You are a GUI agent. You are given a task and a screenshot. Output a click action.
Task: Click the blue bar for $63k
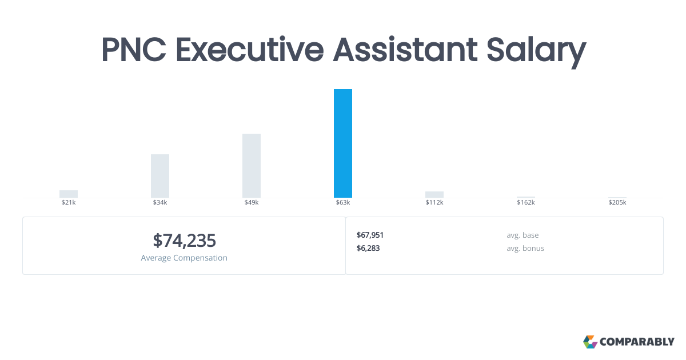(343, 143)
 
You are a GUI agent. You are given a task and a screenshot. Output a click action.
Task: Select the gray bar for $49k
(252, 166)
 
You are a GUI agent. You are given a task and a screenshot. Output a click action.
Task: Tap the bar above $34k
(160, 176)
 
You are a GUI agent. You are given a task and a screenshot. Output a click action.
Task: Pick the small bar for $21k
(69, 194)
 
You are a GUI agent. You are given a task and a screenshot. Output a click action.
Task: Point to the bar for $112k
(434, 194)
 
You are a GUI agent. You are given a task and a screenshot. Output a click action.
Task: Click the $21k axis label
(69, 203)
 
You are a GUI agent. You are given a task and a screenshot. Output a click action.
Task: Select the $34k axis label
(160, 203)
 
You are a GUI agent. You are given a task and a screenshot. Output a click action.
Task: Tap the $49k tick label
(252, 203)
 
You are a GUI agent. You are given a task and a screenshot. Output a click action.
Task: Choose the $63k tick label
(343, 203)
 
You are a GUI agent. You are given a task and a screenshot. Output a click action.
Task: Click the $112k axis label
(434, 203)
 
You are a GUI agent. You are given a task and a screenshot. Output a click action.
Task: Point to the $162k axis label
(526, 203)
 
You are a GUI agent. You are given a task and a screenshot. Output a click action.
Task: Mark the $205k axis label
(617, 203)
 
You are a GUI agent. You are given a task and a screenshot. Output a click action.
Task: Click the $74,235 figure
(184, 241)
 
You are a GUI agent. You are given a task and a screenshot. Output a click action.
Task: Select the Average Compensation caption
(184, 258)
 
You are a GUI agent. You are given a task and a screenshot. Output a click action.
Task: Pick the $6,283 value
(368, 248)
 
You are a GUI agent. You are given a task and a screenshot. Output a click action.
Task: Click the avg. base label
(523, 235)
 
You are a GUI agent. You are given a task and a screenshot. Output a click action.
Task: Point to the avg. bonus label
(525, 248)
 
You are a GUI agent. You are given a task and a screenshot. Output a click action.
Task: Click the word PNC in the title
(134, 50)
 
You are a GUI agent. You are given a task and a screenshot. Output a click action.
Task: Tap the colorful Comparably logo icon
(590, 342)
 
